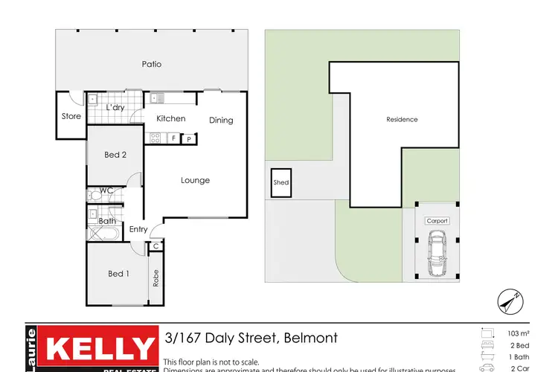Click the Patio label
(152, 64)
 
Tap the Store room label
(71, 116)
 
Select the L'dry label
(115, 108)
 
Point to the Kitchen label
(170, 118)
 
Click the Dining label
(221, 121)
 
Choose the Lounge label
(196, 180)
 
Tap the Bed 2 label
(114, 155)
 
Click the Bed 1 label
(118, 274)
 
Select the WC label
(106, 190)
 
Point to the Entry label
(138, 229)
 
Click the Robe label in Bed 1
(156, 278)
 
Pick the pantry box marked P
(189, 138)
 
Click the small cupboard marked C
(156, 246)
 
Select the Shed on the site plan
(281, 182)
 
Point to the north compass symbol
(510, 302)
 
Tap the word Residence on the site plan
(402, 119)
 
